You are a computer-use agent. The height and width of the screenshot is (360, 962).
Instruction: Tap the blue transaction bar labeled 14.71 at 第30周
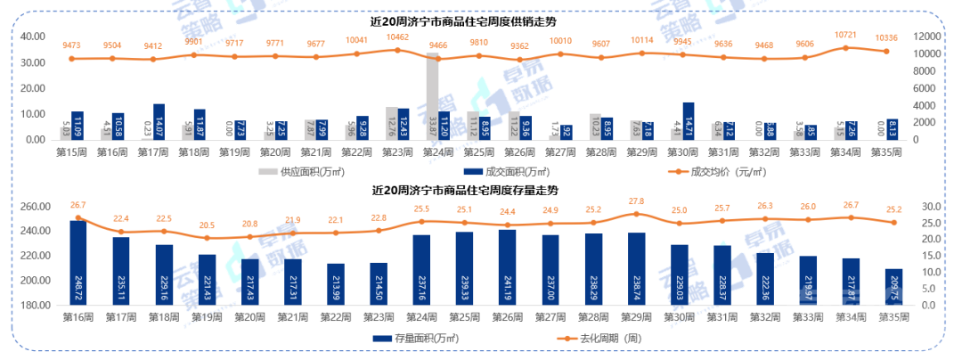pos(688,121)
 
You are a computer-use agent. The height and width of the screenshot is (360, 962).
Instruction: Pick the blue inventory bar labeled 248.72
pos(78,263)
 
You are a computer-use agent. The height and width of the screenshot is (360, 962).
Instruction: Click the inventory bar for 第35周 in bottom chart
pos(893,287)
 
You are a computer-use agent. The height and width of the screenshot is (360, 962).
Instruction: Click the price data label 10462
pos(398,37)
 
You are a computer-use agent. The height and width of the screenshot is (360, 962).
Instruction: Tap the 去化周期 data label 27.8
pos(635,201)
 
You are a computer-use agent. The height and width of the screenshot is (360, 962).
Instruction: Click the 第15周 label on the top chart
pos(72,152)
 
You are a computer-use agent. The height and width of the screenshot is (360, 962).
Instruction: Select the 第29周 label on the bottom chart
pos(636,317)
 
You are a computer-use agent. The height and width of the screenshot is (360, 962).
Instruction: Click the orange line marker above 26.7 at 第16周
pos(78,217)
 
